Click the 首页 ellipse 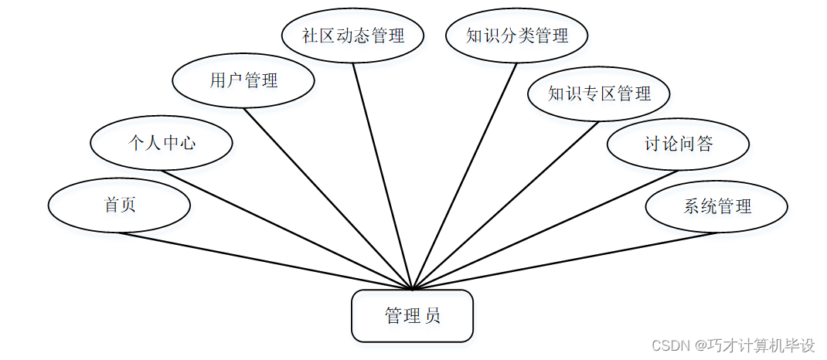pos(119,205)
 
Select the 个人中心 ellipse pos(161,142)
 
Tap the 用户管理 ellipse pos(243,80)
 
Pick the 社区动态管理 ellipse pos(353,36)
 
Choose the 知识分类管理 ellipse pos(517,36)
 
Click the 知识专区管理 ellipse pos(599,94)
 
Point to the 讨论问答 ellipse pos(678,144)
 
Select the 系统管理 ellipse pos(716,206)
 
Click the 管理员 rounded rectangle pos(412,315)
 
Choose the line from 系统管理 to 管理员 pos(564,261)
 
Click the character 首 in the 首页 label pos(111,205)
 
